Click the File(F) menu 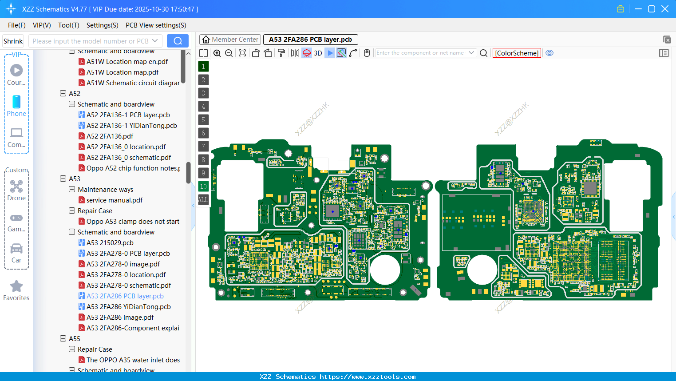(16, 25)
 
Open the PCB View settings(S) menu (156, 25)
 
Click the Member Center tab (230, 40)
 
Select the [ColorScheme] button (517, 53)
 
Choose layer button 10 (203, 187)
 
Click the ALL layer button (203, 200)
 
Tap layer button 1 (203, 67)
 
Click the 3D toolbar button (318, 53)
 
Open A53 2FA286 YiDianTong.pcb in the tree (128, 307)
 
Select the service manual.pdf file (114, 200)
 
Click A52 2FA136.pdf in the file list (110, 136)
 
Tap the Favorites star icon (16, 286)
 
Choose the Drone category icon (16, 187)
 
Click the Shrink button (13, 41)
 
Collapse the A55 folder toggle (63, 339)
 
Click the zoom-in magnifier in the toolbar (217, 53)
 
